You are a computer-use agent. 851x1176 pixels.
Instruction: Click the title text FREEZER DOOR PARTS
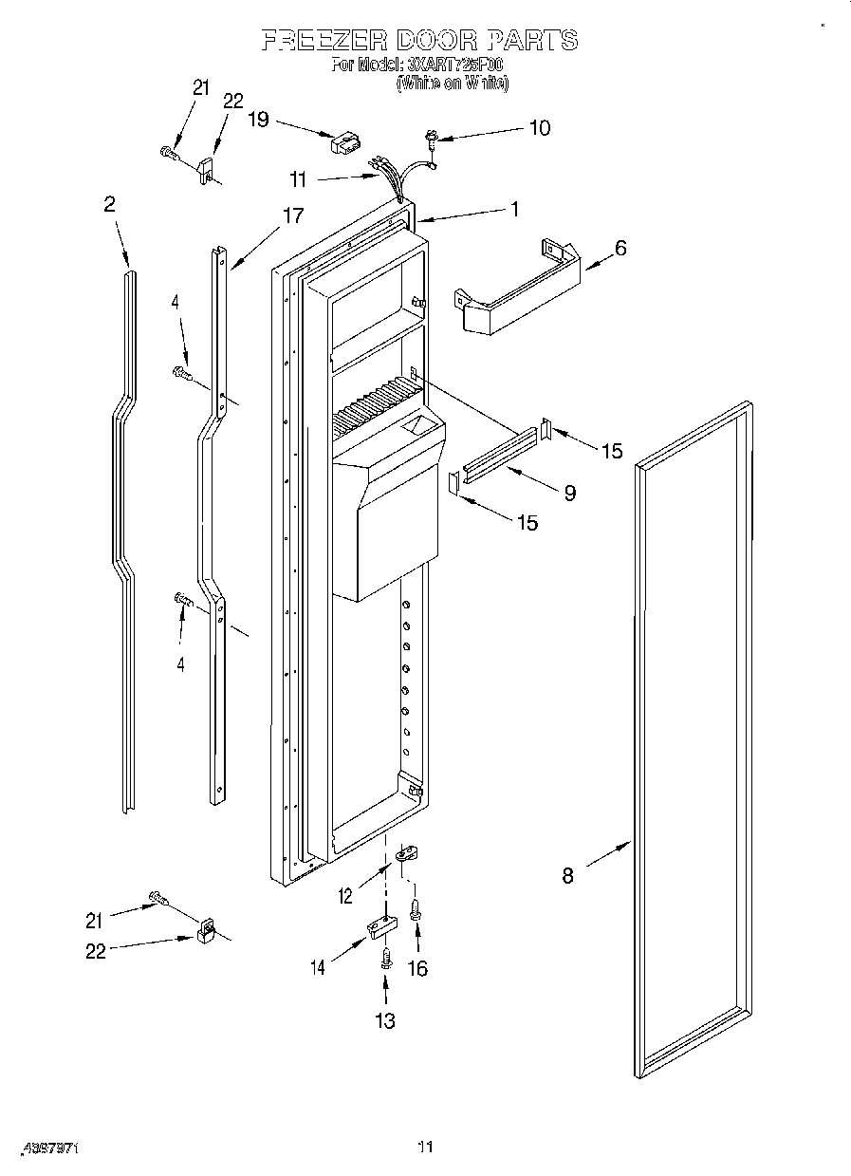[x=418, y=40]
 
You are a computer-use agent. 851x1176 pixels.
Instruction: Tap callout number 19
[x=258, y=120]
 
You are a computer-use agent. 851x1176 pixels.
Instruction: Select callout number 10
[x=539, y=128]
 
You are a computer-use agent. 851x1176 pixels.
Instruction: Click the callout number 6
[x=620, y=249]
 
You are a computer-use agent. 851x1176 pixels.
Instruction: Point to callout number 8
[x=567, y=876]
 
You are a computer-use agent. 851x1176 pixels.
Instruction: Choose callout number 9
[x=569, y=493]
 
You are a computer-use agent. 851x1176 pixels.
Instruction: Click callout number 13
[x=385, y=1020]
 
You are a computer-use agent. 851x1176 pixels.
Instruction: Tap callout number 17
[x=293, y=215]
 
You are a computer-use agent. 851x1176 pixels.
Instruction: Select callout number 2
[x=110, y=203]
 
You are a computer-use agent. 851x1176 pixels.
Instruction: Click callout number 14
[x=317, y=967]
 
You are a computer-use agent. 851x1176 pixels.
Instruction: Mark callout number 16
[x=416, y=968]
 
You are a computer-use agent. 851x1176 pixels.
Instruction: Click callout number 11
[x=299, y=177]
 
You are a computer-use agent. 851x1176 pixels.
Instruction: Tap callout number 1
[x=515, y=210]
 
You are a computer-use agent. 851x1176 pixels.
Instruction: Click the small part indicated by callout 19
[x=343, y=143]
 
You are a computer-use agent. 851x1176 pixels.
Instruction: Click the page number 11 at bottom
[x=426, y=1148]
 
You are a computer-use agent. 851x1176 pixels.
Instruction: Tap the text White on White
[x=452, y=84]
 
